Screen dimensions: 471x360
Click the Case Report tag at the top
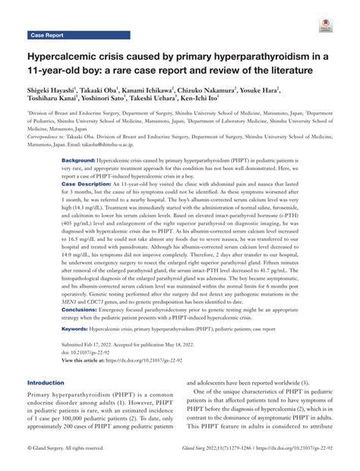pos(47,35)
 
